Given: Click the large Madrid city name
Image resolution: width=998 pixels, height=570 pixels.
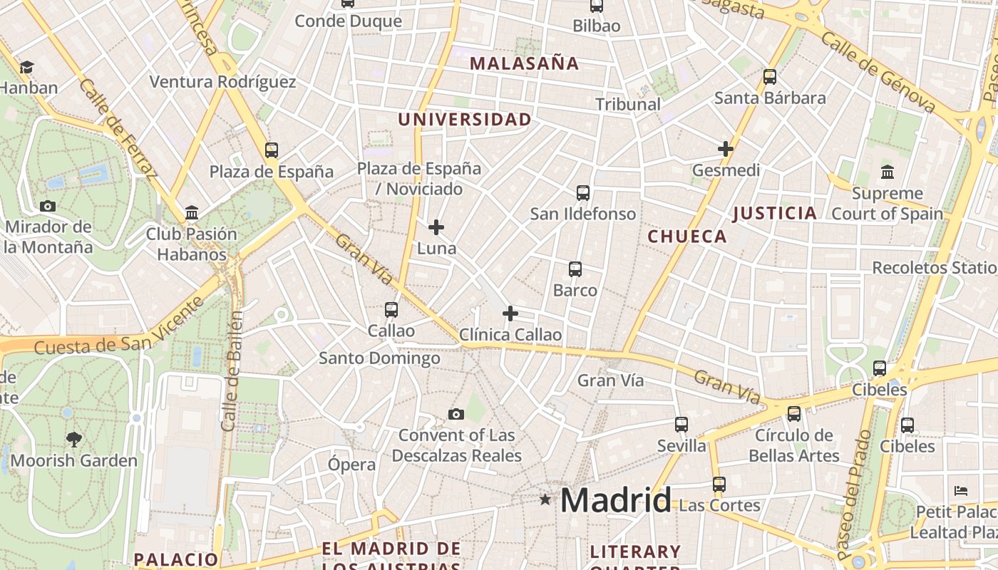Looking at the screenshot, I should click(615, 499).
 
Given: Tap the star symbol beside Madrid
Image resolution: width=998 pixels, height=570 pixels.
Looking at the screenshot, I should click(545, 499).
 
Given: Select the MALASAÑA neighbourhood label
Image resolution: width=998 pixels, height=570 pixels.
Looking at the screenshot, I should click(524, 63).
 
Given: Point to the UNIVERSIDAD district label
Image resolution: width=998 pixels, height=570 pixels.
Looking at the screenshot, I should click(465, 119).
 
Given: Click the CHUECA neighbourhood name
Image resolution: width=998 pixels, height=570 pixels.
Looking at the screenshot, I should click(687, 237).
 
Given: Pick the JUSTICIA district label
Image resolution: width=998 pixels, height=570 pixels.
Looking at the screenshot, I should click(774, 213).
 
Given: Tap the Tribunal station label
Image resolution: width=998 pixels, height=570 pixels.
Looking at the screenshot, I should click(628, 104).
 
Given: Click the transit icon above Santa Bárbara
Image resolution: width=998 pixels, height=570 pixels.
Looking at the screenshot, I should click(770, 77).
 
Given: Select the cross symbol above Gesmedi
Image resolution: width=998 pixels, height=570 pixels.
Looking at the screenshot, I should click(726, 149).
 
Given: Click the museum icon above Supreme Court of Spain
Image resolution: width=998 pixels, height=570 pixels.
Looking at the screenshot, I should click(888, 172).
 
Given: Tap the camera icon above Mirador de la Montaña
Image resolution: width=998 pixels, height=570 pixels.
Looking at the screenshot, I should click(48, 206).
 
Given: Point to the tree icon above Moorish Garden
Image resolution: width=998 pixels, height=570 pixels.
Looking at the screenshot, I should click(73, 439).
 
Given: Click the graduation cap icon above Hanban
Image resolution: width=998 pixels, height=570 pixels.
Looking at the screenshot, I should click(27, 67).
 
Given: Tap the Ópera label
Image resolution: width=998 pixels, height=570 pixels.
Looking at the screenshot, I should click(351, 465).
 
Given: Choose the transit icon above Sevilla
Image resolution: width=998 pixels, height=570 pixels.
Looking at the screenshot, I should click(681, 425).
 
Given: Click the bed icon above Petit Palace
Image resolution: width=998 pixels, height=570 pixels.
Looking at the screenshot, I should click(961, 491).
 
